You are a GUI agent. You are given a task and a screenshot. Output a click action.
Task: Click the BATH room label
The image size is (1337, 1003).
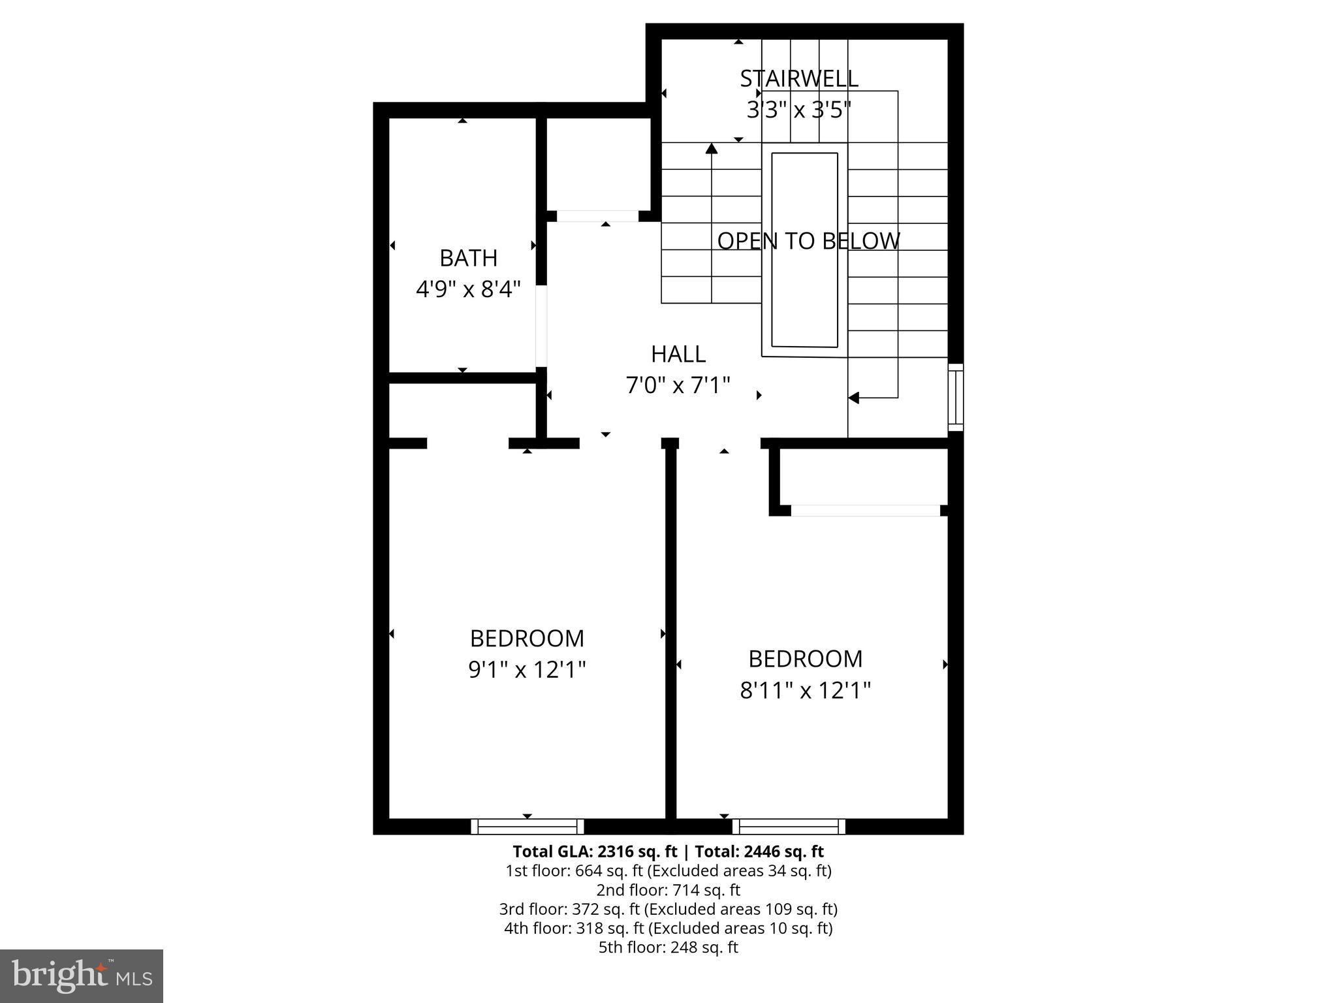[x=468, y=258]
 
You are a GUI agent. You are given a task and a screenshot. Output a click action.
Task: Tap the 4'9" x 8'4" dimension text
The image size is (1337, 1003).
[x=468, y=289]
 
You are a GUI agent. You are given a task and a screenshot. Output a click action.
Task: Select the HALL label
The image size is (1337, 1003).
[x=678, y=354]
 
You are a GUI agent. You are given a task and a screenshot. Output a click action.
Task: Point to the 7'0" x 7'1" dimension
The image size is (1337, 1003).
[x=678, y=385]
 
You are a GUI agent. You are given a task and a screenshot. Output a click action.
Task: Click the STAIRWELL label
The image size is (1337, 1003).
[x=798, y=78]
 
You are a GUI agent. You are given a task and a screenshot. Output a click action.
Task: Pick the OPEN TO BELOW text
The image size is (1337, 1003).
[x=808, y=241]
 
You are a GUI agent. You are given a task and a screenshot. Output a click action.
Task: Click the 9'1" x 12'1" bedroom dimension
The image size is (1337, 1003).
[x=527, y=669]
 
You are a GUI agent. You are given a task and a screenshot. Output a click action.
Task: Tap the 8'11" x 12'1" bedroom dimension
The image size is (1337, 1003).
[x=805, y=690]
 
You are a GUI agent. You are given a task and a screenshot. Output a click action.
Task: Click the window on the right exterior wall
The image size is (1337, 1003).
[x=955, y=397]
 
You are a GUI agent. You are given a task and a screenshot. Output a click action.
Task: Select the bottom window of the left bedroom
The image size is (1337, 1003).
[x=527, y=827]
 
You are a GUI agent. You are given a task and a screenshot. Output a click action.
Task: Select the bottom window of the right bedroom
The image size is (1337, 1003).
[x=789, y=827]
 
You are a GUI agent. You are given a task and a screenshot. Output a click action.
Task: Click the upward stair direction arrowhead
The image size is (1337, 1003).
[x=712, y=149]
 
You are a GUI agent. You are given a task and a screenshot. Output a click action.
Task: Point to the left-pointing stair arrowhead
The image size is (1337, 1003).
[x=854, y=397]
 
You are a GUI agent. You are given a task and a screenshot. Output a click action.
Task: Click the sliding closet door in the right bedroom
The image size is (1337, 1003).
[x=866, y=511]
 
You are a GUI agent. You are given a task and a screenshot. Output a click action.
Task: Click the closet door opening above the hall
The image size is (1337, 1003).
[x=597, y=216]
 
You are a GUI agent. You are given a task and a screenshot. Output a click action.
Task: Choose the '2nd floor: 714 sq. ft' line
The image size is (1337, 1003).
[x=668, y=890]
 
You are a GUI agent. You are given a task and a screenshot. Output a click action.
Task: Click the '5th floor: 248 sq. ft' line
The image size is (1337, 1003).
[x=668, y=947]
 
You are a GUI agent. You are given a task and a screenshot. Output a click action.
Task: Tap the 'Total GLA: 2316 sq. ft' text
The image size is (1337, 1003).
[x=595, y=852]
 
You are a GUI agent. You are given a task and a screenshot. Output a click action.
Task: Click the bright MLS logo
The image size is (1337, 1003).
[x=82, y=976]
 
